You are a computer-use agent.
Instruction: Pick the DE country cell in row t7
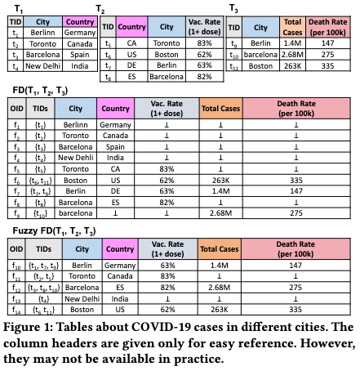pyautogui.click(x=132, y=65)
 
